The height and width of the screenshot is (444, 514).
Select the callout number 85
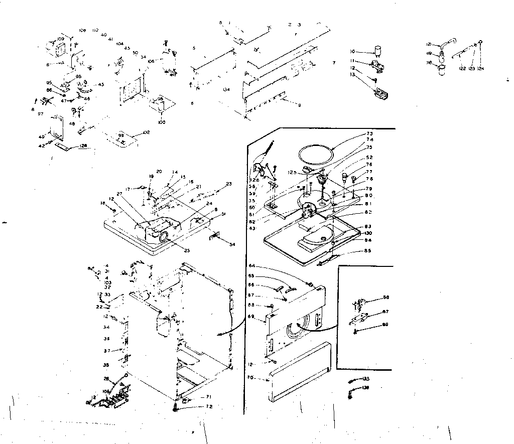368,251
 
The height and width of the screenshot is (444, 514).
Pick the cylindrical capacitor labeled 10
377,50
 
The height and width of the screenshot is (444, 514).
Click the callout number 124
480,68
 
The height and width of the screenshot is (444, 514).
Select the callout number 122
461,68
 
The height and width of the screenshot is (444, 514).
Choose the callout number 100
162,122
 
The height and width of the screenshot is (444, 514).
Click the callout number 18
103,203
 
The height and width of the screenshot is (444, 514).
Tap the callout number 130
368,233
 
